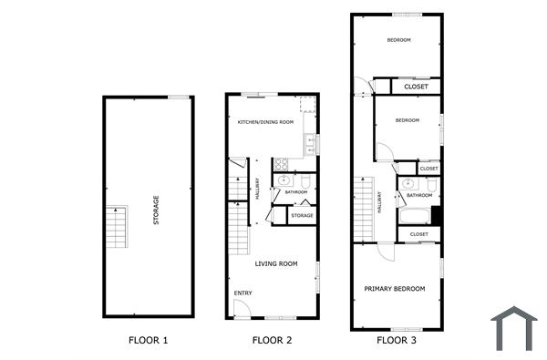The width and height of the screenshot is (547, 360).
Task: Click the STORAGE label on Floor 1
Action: (156, 211)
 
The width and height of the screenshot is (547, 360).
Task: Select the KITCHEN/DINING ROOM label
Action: (266, 122)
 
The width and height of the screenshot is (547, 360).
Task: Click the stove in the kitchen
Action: (282, 165)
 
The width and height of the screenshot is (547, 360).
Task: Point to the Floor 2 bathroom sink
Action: (284, 180)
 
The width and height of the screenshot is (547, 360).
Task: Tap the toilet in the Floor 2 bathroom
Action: (307, 182)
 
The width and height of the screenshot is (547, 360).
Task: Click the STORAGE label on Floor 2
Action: (302, 216)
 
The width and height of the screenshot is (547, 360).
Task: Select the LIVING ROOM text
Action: (276, 264)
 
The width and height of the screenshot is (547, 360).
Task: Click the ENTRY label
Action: (243, 293)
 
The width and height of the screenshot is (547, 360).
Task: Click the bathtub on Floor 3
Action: (414, 217)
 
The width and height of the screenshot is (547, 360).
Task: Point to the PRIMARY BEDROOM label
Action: (395, 289)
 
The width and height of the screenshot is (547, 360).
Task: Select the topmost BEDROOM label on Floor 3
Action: (398, 40)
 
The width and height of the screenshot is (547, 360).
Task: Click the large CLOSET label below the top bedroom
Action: (416, 87)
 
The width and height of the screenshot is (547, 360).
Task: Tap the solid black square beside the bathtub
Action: (436, 216)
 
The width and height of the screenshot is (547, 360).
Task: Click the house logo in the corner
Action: (513, 329)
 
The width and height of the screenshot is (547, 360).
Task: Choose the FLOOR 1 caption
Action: (148, 341)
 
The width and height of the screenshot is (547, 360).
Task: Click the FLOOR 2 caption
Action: (272, 341)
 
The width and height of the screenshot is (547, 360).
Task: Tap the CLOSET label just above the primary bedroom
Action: (419, 234)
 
